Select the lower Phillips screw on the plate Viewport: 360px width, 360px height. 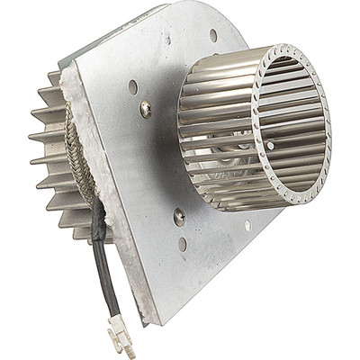click(x=180, y=216)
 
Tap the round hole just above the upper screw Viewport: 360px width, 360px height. click(x=133, y=87)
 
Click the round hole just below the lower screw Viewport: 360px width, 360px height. click(x=184, y=243)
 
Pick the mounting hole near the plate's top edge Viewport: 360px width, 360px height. click(x=213, y=35)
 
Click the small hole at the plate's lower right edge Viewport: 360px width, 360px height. click(x=247, y=225)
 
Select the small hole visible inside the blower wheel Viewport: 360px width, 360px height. click(x=271, y=143)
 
